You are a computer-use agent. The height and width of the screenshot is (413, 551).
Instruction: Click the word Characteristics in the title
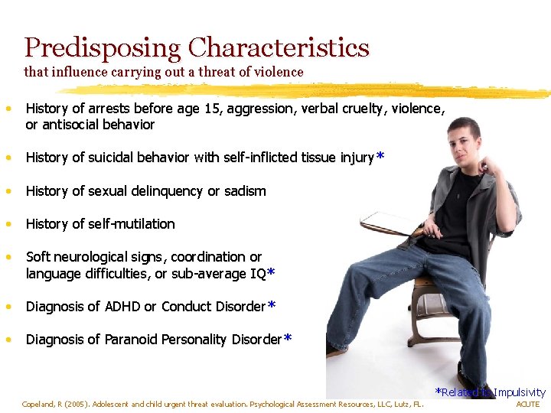click(x=279, y=48)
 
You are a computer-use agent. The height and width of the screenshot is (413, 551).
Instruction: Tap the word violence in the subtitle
click(x=279, y=72)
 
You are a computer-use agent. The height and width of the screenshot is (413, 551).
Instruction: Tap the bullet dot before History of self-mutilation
click(x=8, y=224)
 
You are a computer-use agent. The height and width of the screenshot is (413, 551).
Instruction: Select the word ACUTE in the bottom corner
click(x=528, y=404)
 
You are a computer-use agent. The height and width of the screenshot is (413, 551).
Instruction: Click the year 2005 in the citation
click(x=82, y=404)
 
